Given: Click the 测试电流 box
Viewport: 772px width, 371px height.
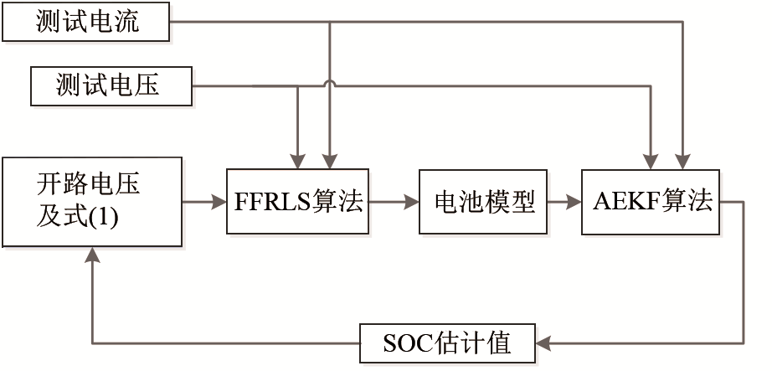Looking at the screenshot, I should click(x=86, y=23).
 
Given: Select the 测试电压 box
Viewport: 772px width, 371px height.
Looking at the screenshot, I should click(x=110, y=85).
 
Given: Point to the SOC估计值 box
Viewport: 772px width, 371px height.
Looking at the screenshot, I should click(x=448, y=343).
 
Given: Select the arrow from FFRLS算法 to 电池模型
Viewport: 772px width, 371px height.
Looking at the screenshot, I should click(x=394, y=202).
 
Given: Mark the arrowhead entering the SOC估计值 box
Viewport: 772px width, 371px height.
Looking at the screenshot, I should click(x=543, y=343).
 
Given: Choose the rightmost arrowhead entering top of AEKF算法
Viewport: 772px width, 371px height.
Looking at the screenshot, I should click(x=685, y=161).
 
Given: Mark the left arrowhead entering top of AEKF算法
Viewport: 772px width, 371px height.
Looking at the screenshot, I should click(x=651, y=161).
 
